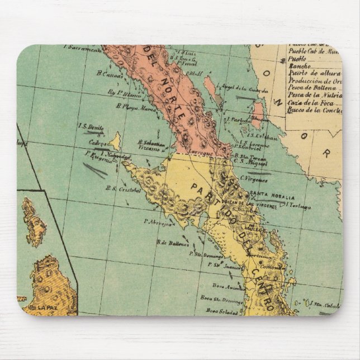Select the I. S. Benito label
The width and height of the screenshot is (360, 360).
click(x=92, y=127)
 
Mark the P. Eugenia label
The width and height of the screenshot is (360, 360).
click(x=98, y=158)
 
